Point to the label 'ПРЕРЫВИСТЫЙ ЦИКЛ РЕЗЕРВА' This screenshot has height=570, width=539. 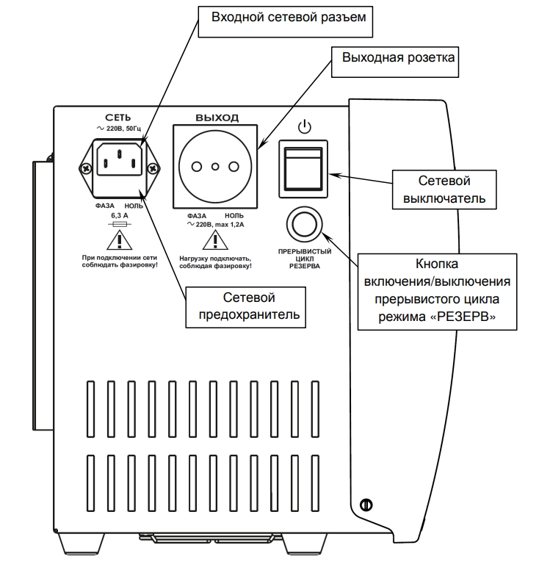[x=303, y=258]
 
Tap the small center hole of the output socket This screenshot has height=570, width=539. [x=215, y=168]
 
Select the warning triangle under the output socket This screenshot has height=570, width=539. [x=215, y=239]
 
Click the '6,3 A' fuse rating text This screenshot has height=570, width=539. [x=119, y=217]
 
